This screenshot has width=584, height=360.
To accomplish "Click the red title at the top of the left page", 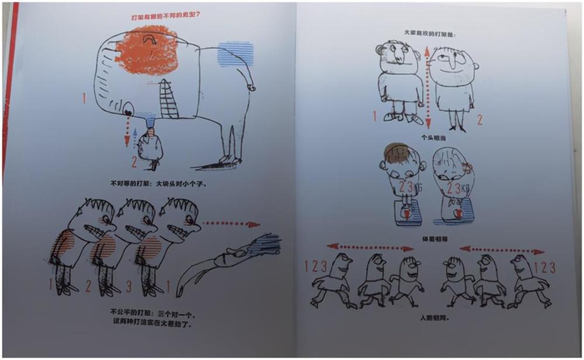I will point(169,18).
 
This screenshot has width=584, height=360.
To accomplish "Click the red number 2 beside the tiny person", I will point(133,161).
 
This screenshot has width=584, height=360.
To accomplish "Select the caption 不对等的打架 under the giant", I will point(158,184).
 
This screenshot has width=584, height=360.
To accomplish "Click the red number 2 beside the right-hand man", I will point(480,120).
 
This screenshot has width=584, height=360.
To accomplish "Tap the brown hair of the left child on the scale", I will point(392,154).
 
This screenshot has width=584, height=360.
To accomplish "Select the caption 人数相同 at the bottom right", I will point(429,318).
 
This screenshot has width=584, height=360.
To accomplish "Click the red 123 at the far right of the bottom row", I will point(545,267).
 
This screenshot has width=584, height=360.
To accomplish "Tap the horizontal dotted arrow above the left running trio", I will point(370,248).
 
